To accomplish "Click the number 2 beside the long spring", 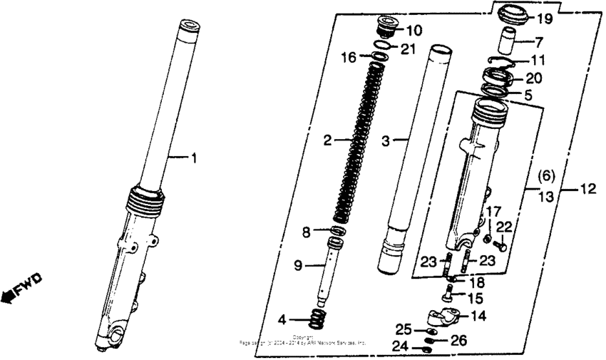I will pos(327,141).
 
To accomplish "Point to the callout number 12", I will pos(588,189).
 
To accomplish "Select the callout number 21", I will pos(406,48).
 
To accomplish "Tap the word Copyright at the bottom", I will pos(304,336).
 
